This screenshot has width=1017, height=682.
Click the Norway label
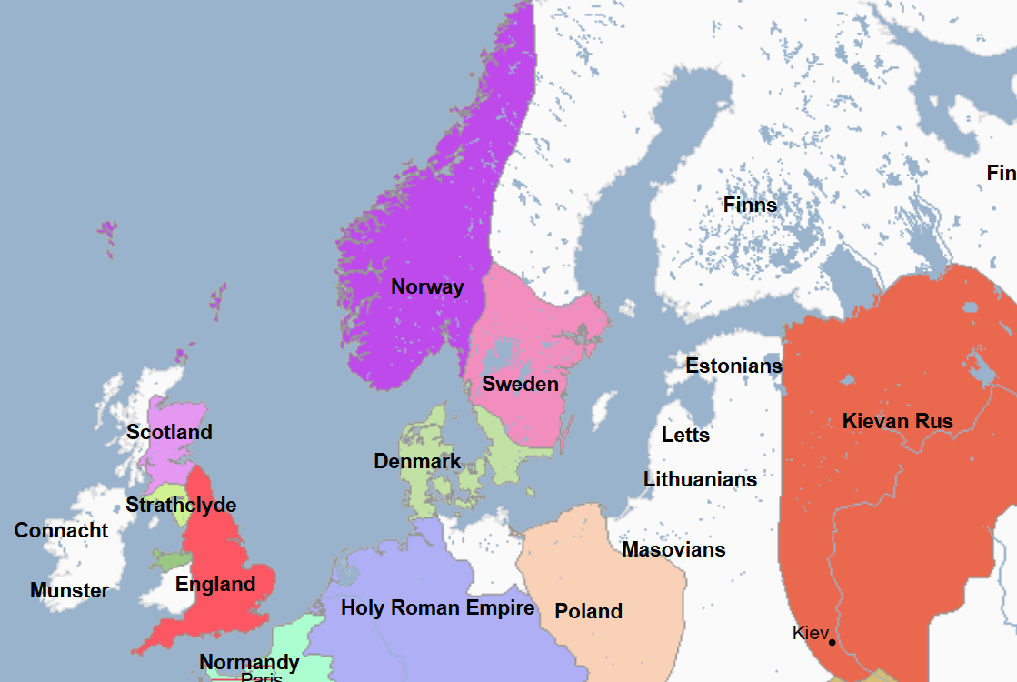click(427, 287)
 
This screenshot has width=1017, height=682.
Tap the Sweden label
click(520, 384)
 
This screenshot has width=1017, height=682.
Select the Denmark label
click(417, 462)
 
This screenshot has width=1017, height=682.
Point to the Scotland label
click(169, 432)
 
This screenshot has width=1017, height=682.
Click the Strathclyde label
click(181, 506)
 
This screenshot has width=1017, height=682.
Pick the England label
click(215, 585)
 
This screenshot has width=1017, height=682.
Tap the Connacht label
click(61, 531)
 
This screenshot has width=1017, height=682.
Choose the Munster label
click(69, 591)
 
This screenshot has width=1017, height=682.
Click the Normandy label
click(249, 662)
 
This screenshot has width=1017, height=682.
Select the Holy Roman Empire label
click(437, 608)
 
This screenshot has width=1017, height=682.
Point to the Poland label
click(588, 612)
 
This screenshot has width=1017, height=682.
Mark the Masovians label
click(673, 550)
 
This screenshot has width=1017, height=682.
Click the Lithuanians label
click(700, 479)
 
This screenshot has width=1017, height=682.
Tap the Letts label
click(685, 436)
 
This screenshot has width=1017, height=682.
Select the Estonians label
click(733, 366)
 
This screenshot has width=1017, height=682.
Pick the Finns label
click(750, 206)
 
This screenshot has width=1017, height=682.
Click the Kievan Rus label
click(897, 422)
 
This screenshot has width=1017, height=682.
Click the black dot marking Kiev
click(832, 643)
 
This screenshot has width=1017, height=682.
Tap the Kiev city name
click(809, 633)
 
